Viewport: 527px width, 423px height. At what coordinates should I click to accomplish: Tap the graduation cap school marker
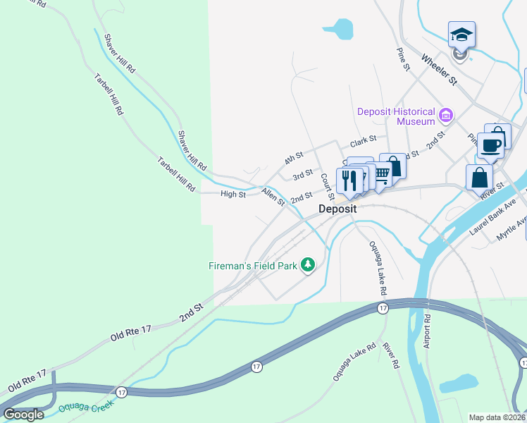point(461,35)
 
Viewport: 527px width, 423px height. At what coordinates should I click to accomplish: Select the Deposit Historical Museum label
point(396,116)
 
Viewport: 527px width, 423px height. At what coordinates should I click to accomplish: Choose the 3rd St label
point(302,174)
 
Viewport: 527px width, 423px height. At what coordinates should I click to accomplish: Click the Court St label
point(327,185)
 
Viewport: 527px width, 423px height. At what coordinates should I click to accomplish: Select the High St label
point(232,194)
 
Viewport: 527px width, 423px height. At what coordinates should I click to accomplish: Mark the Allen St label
point(273,197)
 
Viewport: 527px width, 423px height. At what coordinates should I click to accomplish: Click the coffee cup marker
point(492,146)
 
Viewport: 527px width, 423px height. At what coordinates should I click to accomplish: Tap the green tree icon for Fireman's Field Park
point(307,265)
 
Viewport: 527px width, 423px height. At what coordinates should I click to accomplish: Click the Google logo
point(24,415)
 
